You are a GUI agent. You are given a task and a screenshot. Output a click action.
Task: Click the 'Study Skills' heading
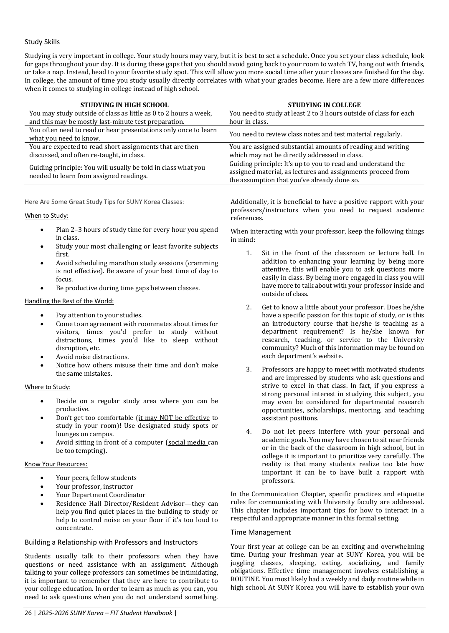tap(42, 42)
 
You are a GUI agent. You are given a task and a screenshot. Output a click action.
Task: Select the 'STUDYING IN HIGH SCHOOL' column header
tap(124, 105)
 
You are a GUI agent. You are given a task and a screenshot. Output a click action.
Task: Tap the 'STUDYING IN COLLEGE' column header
tap(324, 105)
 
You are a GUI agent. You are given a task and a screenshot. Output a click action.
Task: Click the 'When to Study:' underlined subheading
tap(46, 216)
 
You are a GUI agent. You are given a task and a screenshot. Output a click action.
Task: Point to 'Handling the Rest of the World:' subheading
tap(69, 301)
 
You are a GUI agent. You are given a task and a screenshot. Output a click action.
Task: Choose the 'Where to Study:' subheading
tap(48, 387)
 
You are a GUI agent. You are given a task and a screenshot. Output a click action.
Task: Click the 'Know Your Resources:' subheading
tap(56, 464)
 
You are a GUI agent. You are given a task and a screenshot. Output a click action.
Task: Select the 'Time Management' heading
tap(261, 532)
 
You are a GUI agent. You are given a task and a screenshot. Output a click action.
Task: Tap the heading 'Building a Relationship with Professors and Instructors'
tap(111, 542)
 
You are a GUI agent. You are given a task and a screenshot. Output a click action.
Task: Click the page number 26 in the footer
tap(28, 613)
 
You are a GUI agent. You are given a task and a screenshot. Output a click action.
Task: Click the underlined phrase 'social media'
tap(187, 442)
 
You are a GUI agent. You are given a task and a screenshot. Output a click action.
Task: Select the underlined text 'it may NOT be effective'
tap(174, 418)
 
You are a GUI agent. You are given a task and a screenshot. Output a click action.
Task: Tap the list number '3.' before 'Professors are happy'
tap(249, 369)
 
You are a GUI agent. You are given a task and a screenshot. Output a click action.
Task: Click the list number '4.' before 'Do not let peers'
tap(249, 432)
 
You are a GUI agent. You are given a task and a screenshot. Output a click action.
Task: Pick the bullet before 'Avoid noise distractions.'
tap(42, 357)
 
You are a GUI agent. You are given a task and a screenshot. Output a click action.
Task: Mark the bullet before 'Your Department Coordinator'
tap(42, 495)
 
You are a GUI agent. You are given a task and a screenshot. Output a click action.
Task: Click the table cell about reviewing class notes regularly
tap(315, 134)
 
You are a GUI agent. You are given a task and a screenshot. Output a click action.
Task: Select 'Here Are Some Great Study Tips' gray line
tap(104, 202)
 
